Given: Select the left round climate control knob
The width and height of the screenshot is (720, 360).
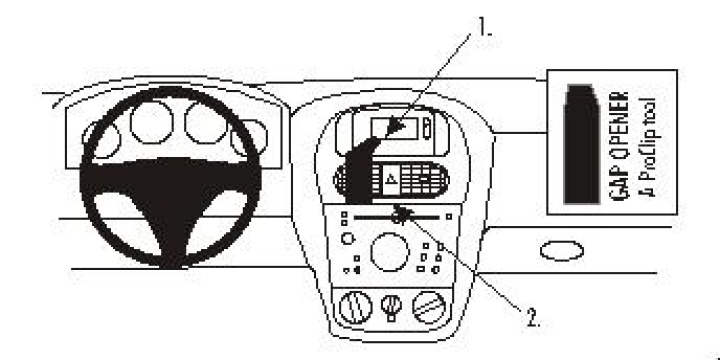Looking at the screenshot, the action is (x=356, y=305).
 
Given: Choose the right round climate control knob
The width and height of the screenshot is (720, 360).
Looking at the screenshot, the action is (x=431, y=304).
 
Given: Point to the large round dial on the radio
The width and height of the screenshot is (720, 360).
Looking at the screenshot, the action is (x=390, y=251).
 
